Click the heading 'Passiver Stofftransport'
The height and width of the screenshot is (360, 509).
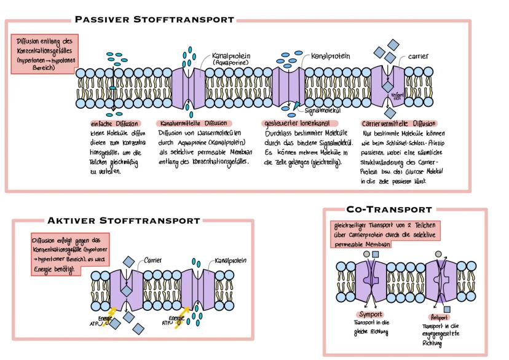coord(154,19)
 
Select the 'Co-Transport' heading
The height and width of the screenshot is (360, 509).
coord(389,209)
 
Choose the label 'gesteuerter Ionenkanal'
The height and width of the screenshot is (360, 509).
coord(288,123)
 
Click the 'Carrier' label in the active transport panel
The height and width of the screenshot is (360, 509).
coord(152,260)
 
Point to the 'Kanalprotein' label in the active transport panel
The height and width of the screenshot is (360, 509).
coord(230,260)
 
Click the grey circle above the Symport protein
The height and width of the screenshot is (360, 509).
coord(366,254)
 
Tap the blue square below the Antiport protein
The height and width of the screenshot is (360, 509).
coord(446,308)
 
